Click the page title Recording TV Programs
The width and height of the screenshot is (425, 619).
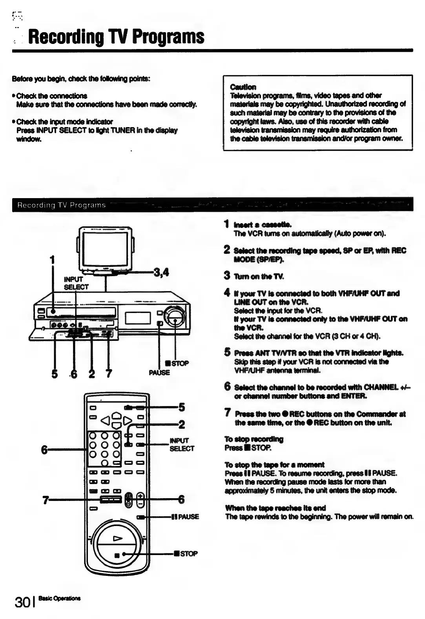click(x=116, y=37)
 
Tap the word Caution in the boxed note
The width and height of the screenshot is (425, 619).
click(x=243, y=87)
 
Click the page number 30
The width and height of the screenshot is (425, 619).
click(x=23, y=602)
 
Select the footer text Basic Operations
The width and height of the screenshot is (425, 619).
click(x=60, y=599)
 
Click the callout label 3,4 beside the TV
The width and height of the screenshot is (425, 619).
click(x=161, y=272)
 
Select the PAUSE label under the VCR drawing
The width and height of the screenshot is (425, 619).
click(x=159, y=372)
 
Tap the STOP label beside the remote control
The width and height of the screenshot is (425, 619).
click(x=186, y=553)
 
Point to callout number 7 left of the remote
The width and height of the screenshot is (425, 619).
click(x=46, y=500)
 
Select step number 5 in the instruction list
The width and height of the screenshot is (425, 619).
click(x=227, y=352)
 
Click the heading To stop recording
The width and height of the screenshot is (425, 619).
click(x=254, y=439)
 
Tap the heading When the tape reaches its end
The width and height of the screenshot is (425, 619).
click(x=275, y=508)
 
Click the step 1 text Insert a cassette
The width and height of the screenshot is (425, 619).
click(x=263, y=225)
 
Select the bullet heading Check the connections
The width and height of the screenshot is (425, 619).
click(x=51, y=96)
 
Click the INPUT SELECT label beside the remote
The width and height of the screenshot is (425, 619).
click(x=181, y=444)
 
